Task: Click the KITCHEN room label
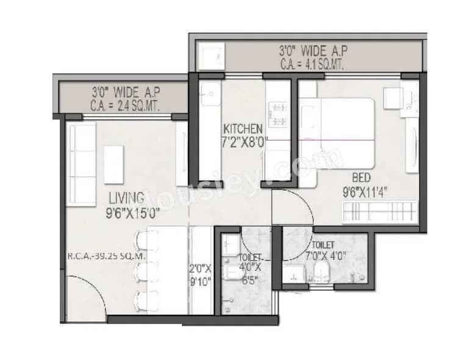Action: pos(243,129)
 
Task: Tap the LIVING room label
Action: pos(126,198)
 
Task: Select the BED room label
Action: pos(360,178)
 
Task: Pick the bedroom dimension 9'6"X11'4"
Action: pos(366,191)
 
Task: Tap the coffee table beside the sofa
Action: pos(114,164)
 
